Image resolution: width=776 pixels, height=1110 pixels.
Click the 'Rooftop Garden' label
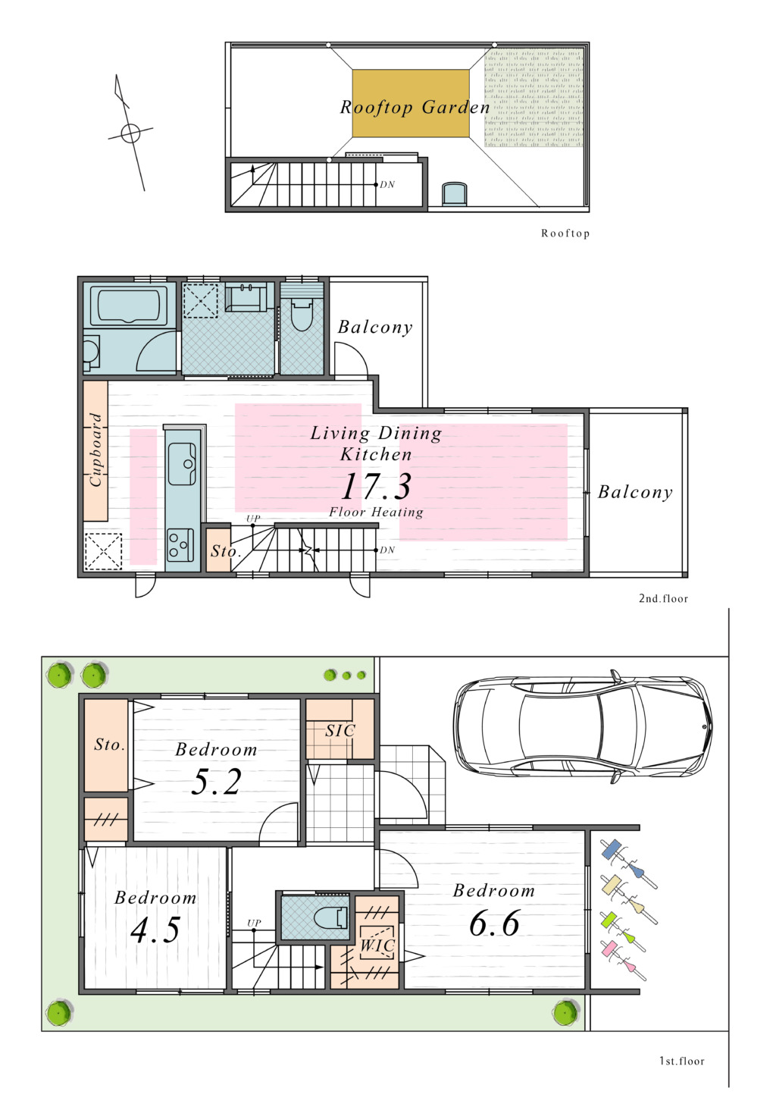click(415, 107)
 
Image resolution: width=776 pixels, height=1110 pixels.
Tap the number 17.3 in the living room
click(376, 486)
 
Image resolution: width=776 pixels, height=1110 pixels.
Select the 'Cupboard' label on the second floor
click(95, 450)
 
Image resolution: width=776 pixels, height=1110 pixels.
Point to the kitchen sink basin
click(182, 464)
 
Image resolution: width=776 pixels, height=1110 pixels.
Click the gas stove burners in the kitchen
click(180, 546)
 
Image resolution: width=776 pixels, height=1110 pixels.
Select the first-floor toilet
click(330, 917)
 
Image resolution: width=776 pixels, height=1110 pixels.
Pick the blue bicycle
click(628, 864)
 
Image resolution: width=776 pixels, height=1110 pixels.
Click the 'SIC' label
click(340, 730)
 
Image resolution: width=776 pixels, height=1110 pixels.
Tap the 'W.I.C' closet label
click(377, 945)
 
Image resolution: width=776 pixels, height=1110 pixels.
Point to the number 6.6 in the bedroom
click(494, 923)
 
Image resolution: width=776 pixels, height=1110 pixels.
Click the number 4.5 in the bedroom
click(155, 930)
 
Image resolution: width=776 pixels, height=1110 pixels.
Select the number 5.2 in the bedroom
click(216, 782)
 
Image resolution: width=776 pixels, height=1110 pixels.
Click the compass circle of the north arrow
click(131, 133)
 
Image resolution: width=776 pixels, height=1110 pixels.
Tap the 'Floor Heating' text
click(376, 512)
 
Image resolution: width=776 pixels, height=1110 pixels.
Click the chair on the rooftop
click(455, 194)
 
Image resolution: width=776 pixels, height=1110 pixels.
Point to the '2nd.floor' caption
click(663, 599)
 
